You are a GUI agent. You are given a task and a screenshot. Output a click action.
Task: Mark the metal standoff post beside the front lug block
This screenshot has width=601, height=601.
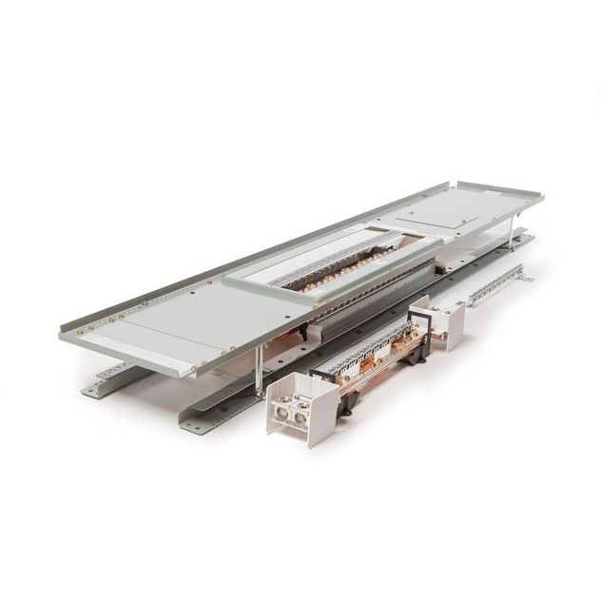tap(260, 371)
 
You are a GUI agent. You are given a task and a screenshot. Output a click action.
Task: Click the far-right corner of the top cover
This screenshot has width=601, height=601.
tap(543, 196)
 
